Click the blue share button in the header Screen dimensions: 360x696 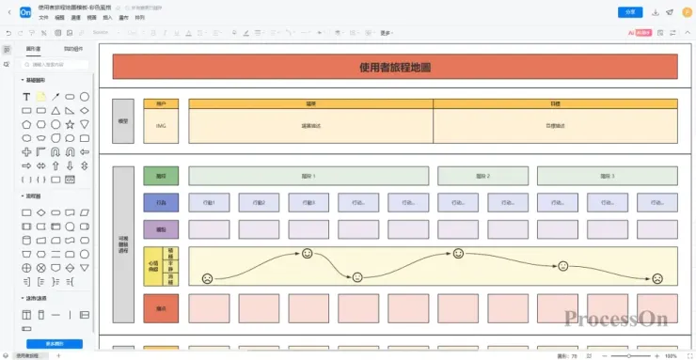coord(629,12)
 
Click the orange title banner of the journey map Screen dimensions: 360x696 coord(395,68)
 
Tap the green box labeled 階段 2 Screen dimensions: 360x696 coord(482,176)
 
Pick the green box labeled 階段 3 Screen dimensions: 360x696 coord(607,176)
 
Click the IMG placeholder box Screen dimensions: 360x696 coord(161,126)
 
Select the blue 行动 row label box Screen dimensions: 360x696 coord(161,202)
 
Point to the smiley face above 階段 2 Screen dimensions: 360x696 coord(458,254)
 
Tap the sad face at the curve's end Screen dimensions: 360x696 coord(657,277)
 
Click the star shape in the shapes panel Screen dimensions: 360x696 coord(70,124)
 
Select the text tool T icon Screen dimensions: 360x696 coord(26,97)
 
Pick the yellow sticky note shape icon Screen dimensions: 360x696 coord(41,97)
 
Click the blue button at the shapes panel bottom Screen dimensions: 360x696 coord(55,344)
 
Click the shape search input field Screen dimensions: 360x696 coord(56,64)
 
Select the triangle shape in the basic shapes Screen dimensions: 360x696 coord(55,110)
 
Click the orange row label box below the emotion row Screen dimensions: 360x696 coord(161,307)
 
